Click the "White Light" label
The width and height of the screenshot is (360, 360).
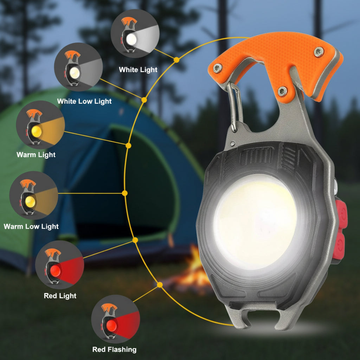point(138,70)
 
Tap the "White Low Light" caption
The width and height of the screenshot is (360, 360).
point(84,101)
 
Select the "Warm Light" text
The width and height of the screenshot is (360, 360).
point(36,154)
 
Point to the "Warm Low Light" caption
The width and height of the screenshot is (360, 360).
point(31,226)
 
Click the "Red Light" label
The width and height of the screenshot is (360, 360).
point(60,296)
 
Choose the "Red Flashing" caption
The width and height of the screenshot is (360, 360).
point(114,349)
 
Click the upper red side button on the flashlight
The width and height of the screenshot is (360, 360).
point(341,214)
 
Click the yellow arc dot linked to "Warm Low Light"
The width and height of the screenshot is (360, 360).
point(124,193)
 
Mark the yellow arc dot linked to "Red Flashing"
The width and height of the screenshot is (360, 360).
point(160,284)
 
